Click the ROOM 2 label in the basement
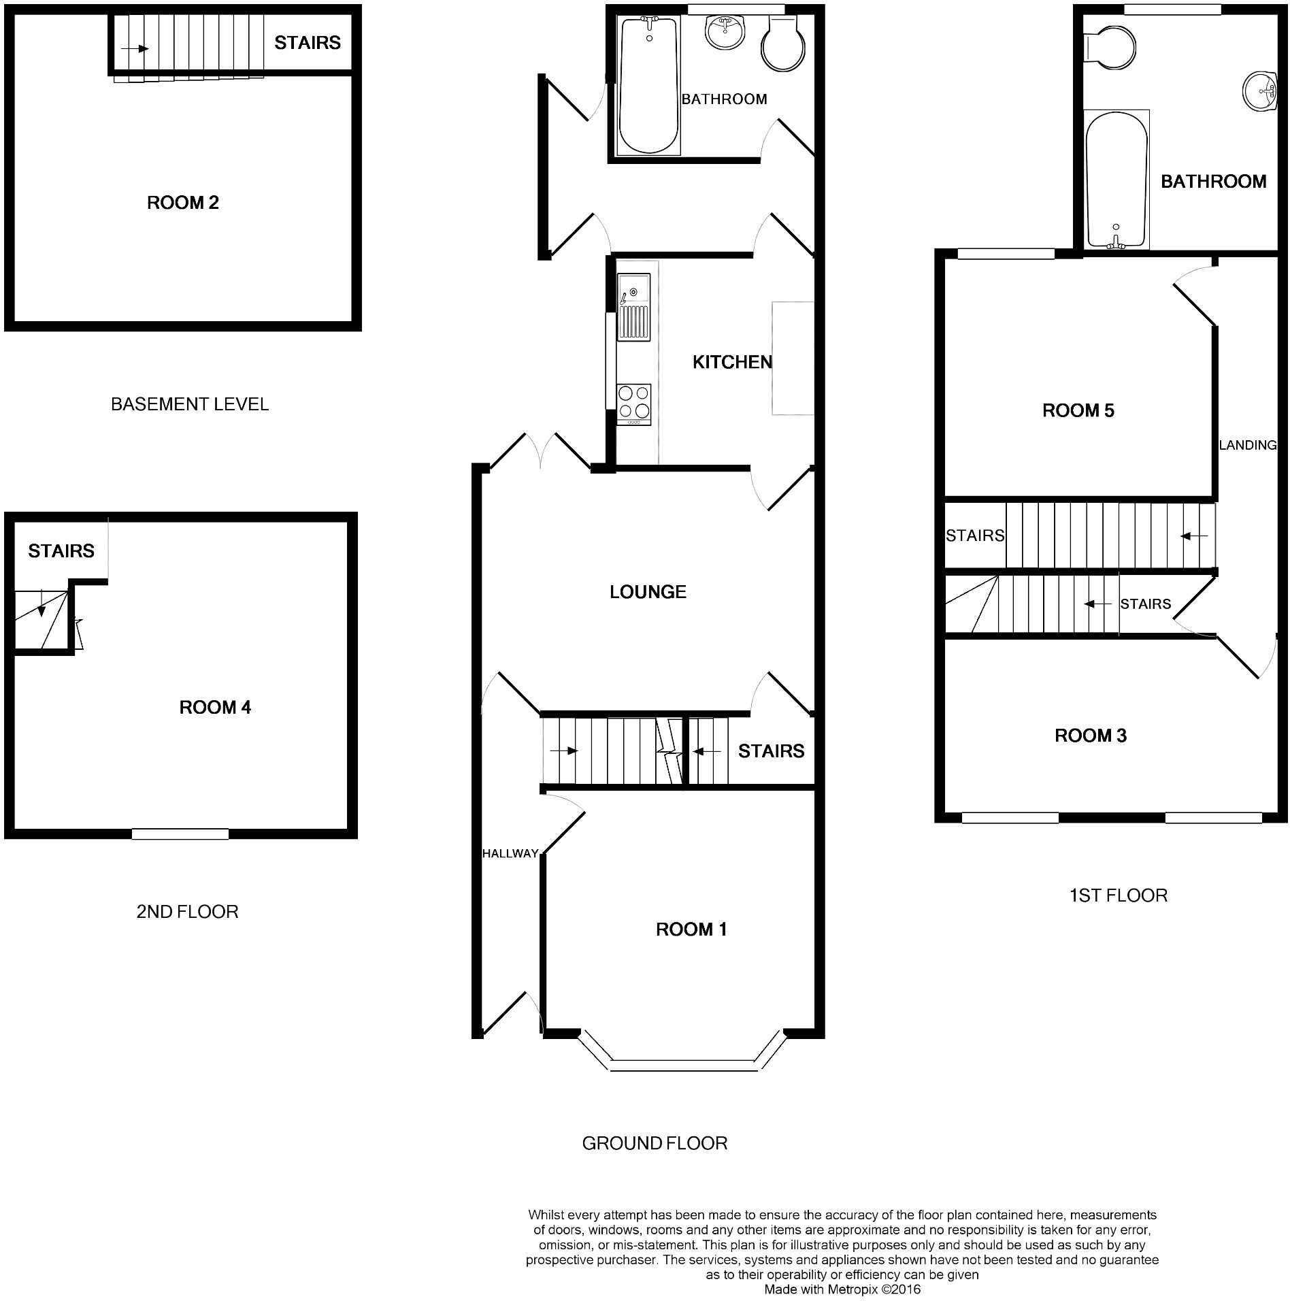click(x=182, y=202)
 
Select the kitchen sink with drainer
click(x=633, y=307)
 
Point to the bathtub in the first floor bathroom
click(x=1117, y=180)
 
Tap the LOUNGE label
click(x=647, y=592)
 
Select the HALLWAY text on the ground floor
click(x=510, y=853)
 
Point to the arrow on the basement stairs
click(x=135, y=49)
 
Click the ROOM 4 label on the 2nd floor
click(x=215, y=708)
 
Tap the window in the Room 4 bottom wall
click(x=180, y=834)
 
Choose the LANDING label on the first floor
click(x=1247, y=445)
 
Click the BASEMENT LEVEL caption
click(x=189, y=404)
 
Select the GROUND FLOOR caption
click(x=655, y=1143)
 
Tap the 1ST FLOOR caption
click(x=1119, y=895)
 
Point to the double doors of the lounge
click(x=540, y=450)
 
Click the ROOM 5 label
click(x=1078, y=410)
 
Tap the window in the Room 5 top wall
click(x=1006, y=254)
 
